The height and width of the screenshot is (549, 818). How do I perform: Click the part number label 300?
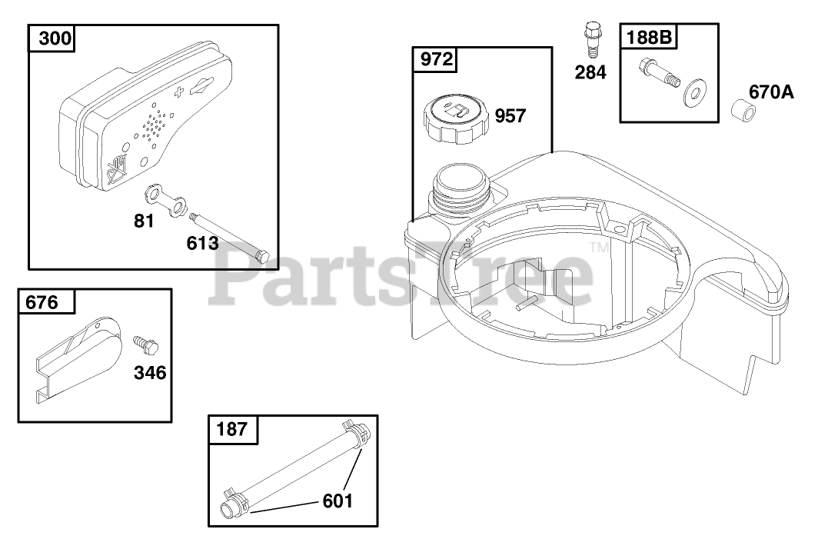point(55,38)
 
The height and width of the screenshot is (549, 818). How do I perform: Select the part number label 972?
point(437,59)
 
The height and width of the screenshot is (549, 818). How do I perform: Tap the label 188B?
point(649,37)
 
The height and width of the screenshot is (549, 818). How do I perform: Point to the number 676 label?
point(42,302)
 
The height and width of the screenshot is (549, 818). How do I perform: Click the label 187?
point(231,429)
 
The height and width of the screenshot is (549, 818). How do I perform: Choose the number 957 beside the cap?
point(510,116)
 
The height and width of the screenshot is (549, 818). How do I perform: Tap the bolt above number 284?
point(591,40)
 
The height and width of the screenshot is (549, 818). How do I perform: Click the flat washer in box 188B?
point(693,94)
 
